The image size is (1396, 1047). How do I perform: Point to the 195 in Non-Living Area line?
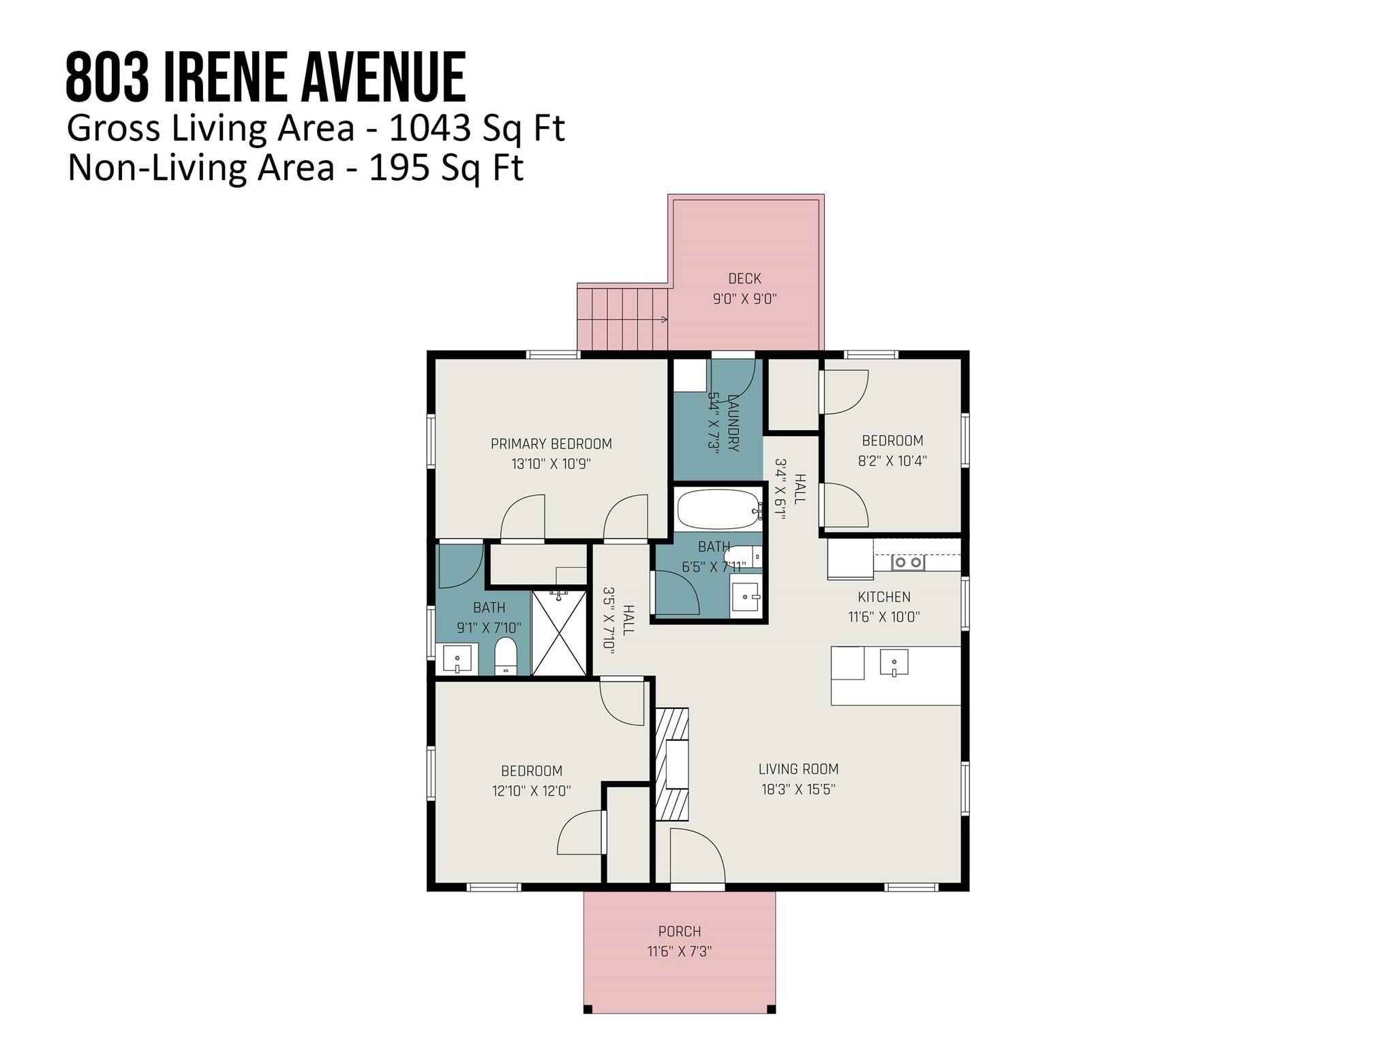(x=398, y=168)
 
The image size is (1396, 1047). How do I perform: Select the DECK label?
(x=744, y=279)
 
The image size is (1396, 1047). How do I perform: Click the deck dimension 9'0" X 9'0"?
(x=745, y=299)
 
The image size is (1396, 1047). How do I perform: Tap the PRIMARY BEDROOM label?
(x=551, y=444)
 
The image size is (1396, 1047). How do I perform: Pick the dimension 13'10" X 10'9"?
(x=551, y=464)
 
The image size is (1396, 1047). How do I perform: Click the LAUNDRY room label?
(x=733, y=423)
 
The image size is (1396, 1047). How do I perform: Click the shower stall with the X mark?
(x=559, y=633)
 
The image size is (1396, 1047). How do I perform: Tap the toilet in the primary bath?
(x=506, y=656)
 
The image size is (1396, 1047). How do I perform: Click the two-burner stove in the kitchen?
(x=909, y=562)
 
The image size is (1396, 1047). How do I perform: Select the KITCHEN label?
(x=884, y=597)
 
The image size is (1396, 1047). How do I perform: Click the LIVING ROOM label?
(x=798, y=770)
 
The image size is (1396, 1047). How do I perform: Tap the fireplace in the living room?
(x=672, y=764)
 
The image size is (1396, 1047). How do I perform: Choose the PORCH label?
(x=680, y=931)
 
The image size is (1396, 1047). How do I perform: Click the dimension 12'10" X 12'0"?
(x=532, y=791)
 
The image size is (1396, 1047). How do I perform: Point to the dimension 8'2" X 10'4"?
(x=892, y=461)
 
